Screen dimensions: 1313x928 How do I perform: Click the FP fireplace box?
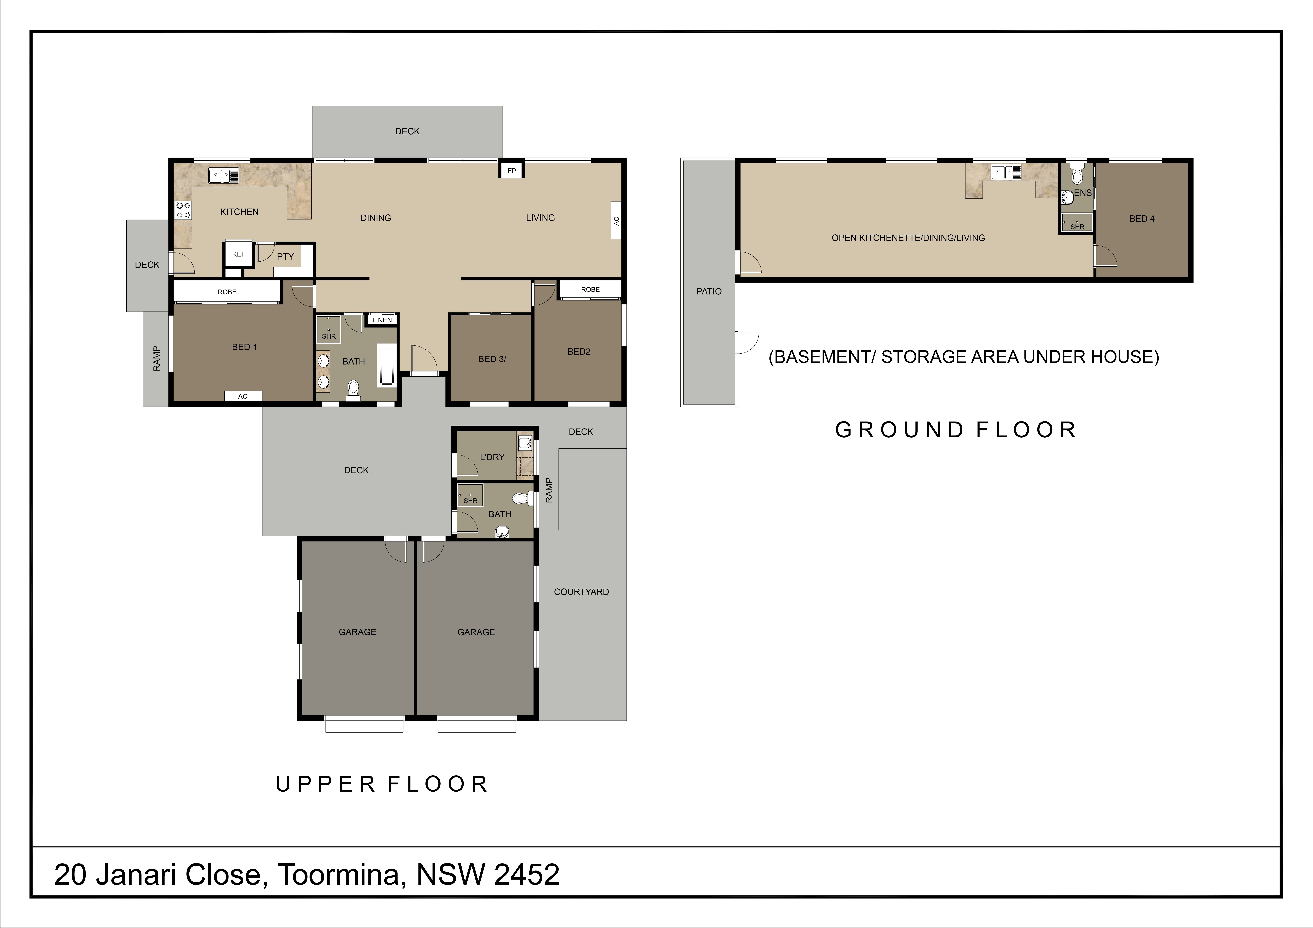(512, 170)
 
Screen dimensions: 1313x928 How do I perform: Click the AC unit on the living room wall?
(616, 221)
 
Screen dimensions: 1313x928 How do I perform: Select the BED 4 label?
(1142, 218)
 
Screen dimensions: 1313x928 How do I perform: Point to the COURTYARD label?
(581, 592)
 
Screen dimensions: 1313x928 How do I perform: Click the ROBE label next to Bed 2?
(590, 289)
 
